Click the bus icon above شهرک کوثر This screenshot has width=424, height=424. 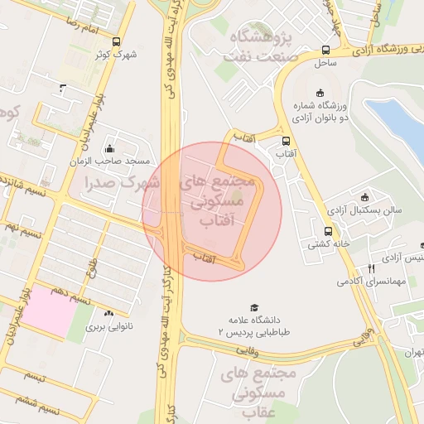pos(115,41)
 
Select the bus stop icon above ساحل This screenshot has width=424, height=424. pos(325,50)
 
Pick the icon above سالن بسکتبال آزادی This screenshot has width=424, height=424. pos(365,196)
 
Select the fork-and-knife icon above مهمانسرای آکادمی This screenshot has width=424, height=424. pos(371,268)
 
